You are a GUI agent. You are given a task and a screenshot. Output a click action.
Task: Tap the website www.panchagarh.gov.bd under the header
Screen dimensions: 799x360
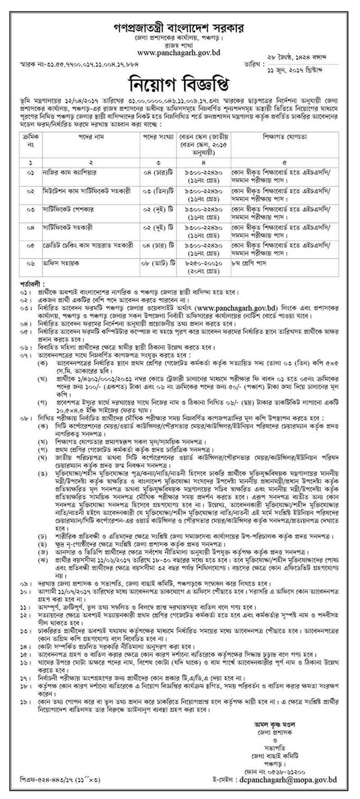point(179,53)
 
